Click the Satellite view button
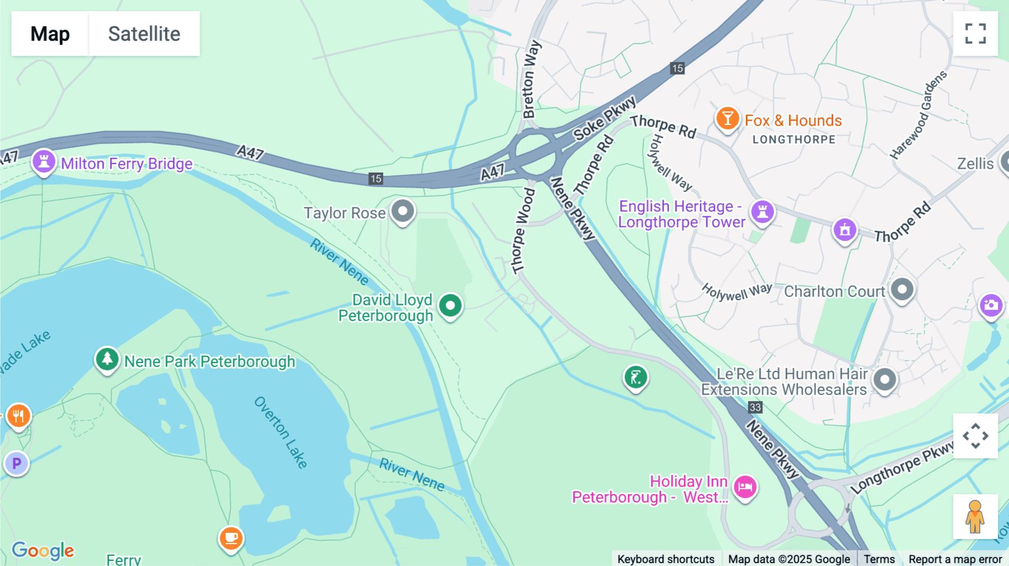click(x=144, y=34)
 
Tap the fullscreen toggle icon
click(x=975, y=34)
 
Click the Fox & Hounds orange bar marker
click(x=727, y=118)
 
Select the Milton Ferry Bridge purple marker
click(x=44, y=161)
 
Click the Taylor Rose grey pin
click(x=402, y=211)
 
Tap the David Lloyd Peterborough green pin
click(x=450, y=305)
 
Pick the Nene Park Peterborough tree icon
click(x=107, y=359)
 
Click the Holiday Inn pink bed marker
click(x=745, y=487)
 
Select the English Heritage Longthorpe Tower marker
click(x=762, y=212)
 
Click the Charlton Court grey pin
click(x=902, y=290)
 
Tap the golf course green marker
click(x=636, y=378)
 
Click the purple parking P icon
click(x=17, y=463)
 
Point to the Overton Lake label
click(x=280, y=432)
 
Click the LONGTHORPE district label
click(x=794, y=140)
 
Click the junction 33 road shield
click(x=755, y=407)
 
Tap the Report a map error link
click(x=955, y=559)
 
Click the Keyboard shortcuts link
click(x=665, y=559)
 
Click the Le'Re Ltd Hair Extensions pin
click(x=885, y=380)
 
